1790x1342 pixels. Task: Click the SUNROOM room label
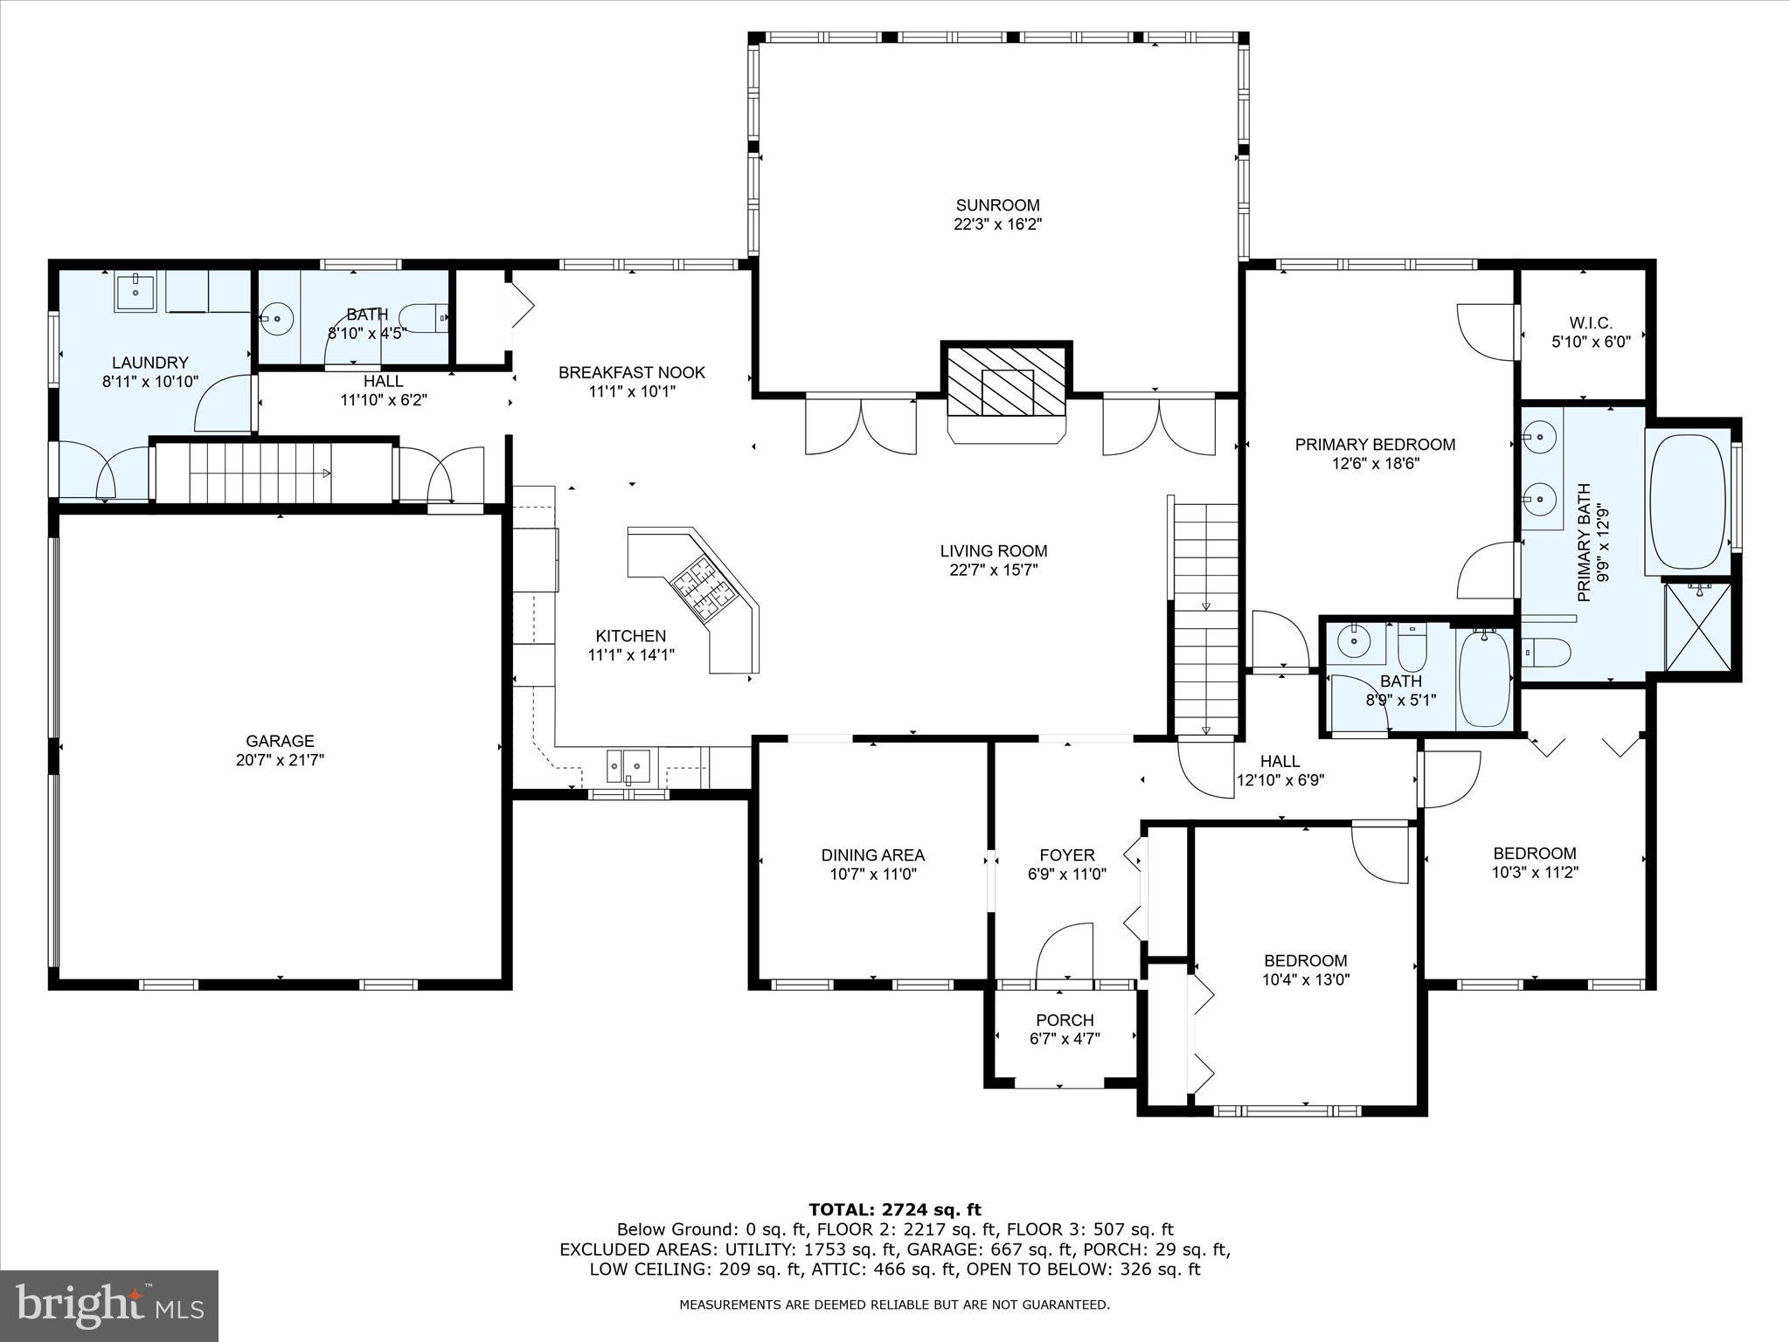click(997, 205)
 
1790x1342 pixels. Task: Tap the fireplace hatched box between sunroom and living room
click(1006, 382)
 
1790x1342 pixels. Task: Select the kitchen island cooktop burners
click(704, 585)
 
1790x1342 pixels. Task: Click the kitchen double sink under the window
click(628, 765)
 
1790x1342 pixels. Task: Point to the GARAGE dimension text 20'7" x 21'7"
click(280, 760)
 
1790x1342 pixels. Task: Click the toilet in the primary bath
click(1549, 652)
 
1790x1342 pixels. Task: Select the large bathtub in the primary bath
click(1687, 502)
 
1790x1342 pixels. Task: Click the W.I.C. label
click(1591, 323)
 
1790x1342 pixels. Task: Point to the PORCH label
click(1064, 1020)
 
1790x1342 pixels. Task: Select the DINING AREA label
click(872, 854)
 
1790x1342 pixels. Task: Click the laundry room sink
click(136, 292)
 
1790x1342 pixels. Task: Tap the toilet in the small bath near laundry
click(425, 318)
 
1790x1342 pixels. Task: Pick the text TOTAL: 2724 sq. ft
click(894, 1210)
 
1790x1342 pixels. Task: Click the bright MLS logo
click(109, 1304)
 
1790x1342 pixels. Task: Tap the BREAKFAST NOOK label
click(631, 372)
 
